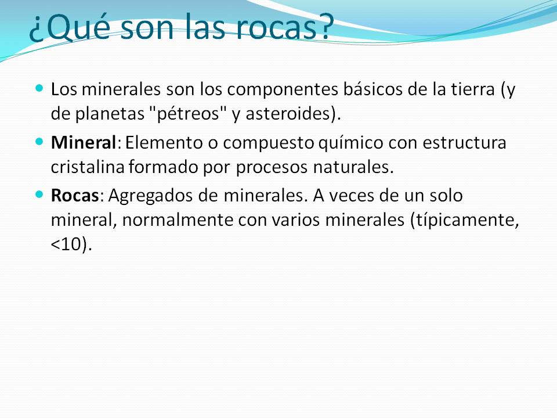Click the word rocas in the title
pos(276,27)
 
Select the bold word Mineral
pos(84,143)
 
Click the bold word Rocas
pos(75,195)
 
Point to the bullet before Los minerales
pos(39,88)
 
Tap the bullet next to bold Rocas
pos(39,194)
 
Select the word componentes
pos(283,90)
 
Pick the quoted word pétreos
pos(187,114)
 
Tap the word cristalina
pos(88,167)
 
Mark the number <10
pos(67,245)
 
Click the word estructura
pos(464,143)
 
